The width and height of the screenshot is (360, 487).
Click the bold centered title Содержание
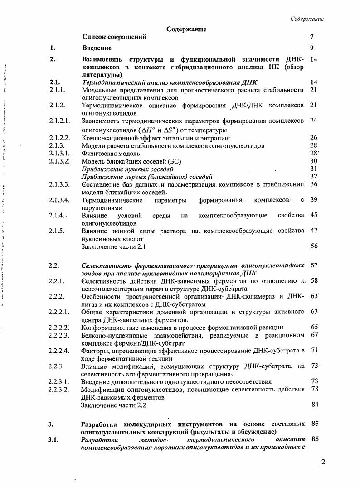(x=186, y=29)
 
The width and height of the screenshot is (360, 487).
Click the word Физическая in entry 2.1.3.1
(x=99, y=153)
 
